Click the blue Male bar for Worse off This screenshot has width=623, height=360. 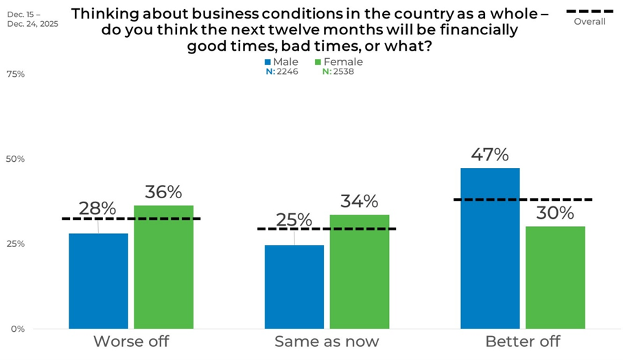click(98, 280)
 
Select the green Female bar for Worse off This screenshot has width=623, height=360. click(163, 267)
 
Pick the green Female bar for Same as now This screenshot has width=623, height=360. click(360, 272)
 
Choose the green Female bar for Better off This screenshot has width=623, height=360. click(555, 277)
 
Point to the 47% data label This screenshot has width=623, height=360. click(490, 154)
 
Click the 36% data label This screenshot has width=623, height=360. click(163, 192)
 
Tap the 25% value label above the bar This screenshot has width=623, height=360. click(294, 220)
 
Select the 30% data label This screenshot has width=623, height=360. click(555, 213)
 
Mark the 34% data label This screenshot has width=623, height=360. click(360, 202)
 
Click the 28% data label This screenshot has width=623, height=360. click(98, 208)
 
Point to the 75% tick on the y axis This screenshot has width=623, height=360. click(15, 74)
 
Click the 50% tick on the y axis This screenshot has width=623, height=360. click(15, 159)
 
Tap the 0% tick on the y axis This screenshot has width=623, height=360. click(17, 329)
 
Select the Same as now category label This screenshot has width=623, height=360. click(327, 341)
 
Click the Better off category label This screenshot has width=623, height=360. click(523, 341)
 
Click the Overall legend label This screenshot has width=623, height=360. click(589, 21)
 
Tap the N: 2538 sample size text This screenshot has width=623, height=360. click(336, 72)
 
